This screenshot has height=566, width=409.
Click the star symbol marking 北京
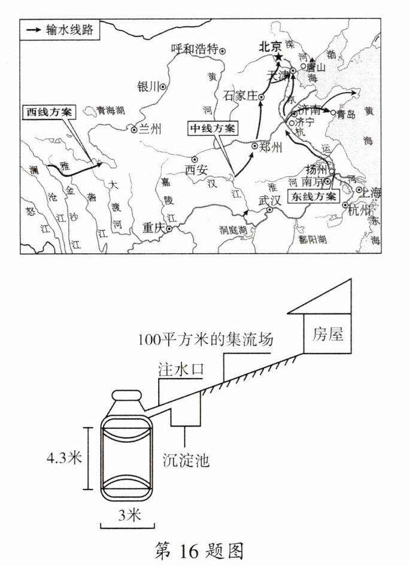[278, 57]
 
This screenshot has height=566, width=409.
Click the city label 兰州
[150, 129]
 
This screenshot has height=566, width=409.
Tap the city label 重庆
[153, 228]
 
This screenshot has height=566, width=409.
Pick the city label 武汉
[269, 201]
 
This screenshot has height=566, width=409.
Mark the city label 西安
[196, 169]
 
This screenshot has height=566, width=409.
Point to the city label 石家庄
[240, 95]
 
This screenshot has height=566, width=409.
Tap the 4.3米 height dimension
[64, 458]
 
